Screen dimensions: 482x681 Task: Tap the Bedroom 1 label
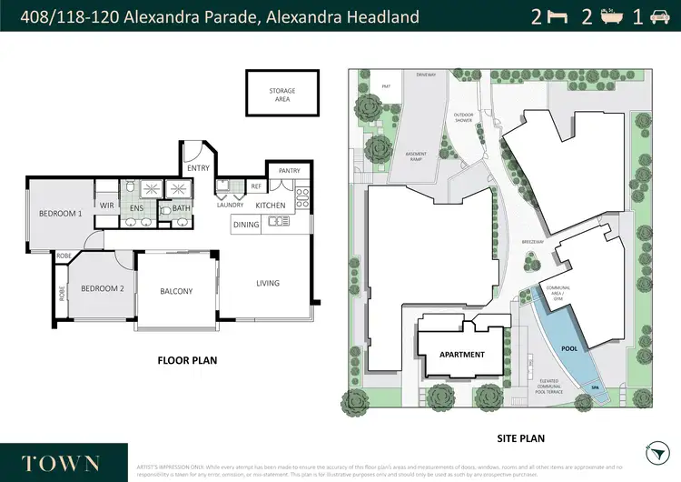(61, 214)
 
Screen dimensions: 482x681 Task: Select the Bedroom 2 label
(102, 288)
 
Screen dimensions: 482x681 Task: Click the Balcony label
(176, 291)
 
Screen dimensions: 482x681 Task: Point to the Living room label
(267, 283)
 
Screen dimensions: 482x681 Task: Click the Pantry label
(290, 170)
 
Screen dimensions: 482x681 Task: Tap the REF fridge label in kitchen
(256, 186)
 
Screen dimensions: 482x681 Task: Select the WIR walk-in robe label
(106, 206)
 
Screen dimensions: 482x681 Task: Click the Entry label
(198, 168)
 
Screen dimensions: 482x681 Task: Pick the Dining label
(246, 224)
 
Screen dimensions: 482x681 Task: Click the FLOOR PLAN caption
(187, 360)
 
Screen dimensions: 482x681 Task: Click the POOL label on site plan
(569, 347)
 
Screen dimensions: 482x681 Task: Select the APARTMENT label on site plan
(462, 355)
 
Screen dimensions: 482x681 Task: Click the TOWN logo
(62, 462)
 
